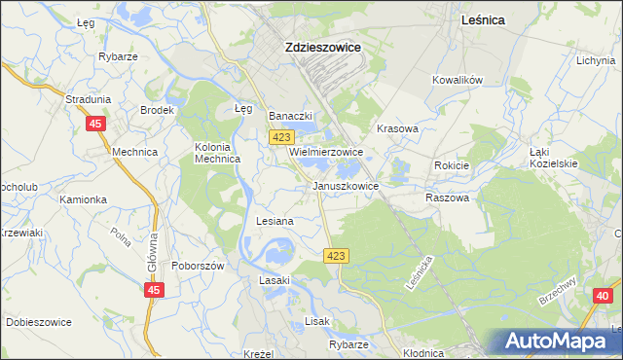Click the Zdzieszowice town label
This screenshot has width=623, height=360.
pos(322,46)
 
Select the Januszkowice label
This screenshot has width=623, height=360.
pos(345,185)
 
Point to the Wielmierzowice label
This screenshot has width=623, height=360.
pos(325,153)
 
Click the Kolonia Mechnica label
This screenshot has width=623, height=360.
pos(217,154)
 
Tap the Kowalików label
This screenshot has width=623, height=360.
pos(458,81)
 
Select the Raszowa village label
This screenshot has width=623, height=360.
pos(447,198)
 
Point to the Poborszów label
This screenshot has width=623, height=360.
pos(198,266)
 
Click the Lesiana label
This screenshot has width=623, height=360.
pos(275,221)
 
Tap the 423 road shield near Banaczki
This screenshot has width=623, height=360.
pos(280,138)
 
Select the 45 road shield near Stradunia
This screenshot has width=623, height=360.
pos(95,124)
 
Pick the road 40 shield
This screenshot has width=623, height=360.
pos(601,308)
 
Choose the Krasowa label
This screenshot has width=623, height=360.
pos(397,128)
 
